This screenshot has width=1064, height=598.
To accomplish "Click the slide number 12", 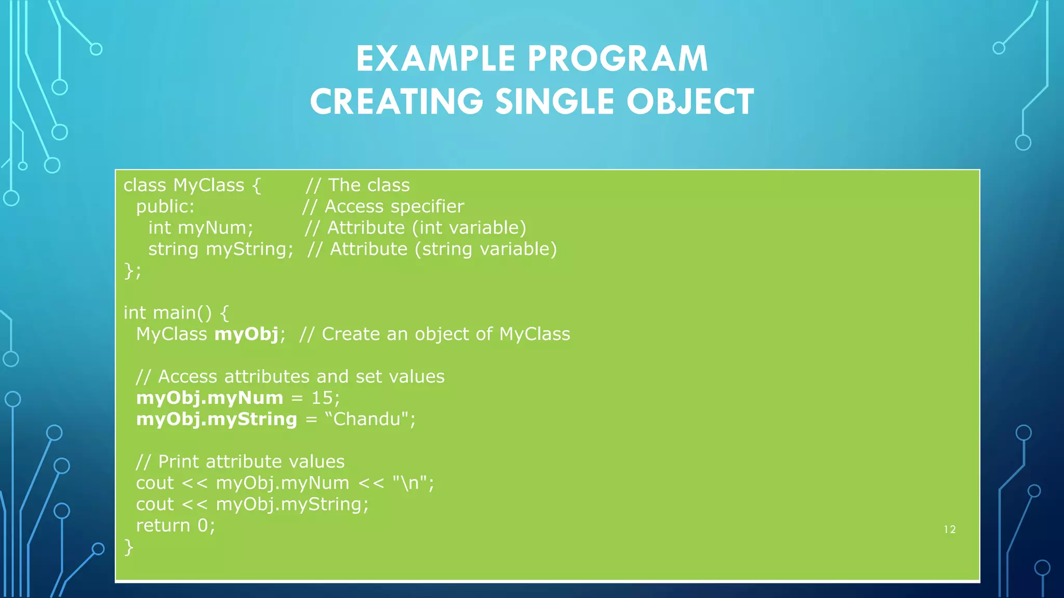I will (950, 529).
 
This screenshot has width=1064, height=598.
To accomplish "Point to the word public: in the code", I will (165, 207).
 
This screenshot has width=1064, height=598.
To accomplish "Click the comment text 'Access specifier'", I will (394, 207).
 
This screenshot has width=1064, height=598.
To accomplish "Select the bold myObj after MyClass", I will (247, 334).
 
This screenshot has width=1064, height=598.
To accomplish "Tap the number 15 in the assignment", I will (322, 398).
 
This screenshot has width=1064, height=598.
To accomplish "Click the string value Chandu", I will (367, 419).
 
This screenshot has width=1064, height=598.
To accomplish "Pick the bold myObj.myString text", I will (216, 419).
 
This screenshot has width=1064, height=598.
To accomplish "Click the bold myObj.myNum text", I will (209, 398).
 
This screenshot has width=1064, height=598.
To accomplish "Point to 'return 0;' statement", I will (175, 526).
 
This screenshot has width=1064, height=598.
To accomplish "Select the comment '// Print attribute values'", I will (240, 462).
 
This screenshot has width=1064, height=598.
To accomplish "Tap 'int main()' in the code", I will (167, 313).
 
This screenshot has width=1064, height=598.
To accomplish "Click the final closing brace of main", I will (128, 547).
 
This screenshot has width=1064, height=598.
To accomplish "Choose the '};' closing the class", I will (132, 270).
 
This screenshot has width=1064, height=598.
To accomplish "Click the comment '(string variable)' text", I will (486, 249).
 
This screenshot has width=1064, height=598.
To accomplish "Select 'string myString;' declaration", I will (221, 249).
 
